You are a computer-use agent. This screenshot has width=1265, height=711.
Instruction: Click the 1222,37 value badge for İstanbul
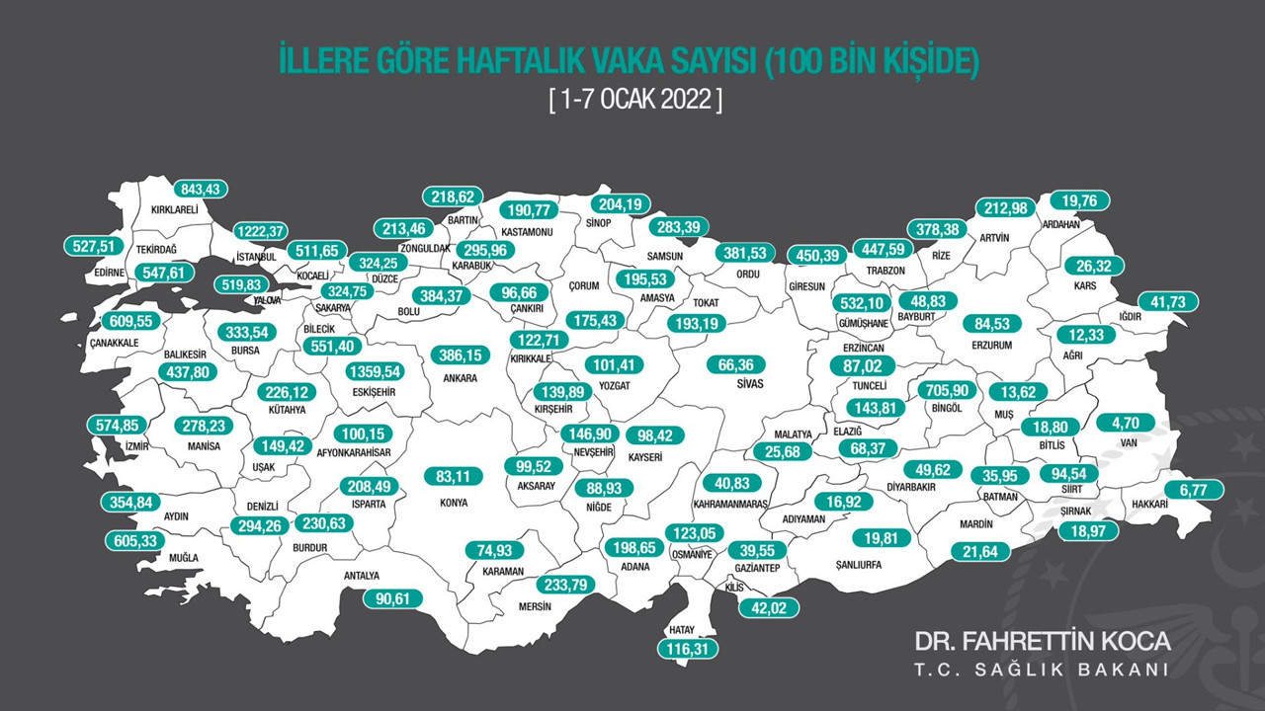coord(262,231)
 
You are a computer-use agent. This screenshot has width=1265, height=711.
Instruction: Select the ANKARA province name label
coord(460,378)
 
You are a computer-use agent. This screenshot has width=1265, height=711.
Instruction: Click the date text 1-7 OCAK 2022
coord(634,101)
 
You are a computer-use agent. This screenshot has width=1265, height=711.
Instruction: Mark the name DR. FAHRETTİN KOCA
coord(1043,641)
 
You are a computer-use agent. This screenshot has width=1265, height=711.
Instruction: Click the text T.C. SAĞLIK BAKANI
coord(1043,671)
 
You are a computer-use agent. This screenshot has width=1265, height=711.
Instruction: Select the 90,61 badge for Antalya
coord(392,597)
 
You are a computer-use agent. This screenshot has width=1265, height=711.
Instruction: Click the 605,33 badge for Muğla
coord(134,541)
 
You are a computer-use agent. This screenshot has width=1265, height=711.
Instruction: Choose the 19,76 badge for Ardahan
coord(1078,199)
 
